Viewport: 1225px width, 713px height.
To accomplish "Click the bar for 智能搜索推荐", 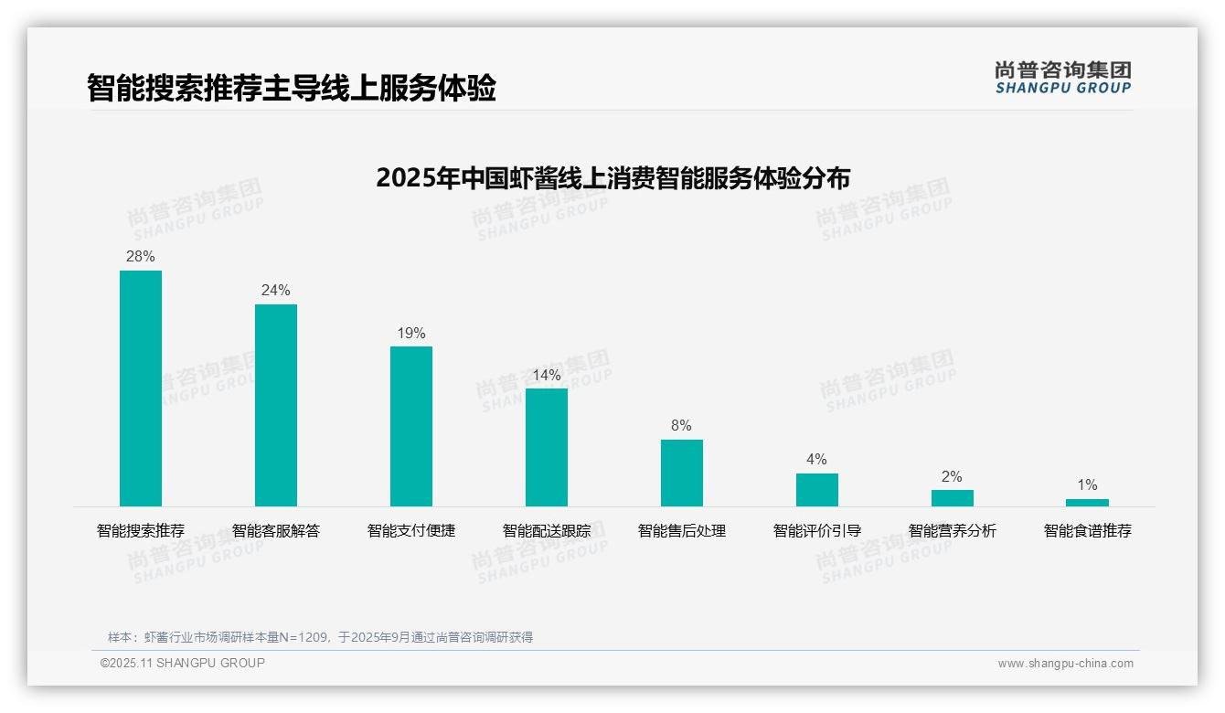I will point(141,388).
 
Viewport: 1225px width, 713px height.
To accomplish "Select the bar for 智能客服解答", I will point(276,405).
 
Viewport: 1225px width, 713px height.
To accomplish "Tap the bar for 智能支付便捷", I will point(411,426).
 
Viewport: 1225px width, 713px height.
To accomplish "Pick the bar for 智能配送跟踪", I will point(547,447).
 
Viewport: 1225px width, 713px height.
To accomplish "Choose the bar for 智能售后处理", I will point(682,473).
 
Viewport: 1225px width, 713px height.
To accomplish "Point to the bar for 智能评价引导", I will point(817,490).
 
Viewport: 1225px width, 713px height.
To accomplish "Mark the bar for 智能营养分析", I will point(953,498).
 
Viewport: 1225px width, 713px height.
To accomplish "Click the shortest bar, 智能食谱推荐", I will point(1087,503).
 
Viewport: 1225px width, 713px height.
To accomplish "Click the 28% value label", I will point(141,257).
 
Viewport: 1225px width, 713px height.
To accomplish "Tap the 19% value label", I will point(411,334).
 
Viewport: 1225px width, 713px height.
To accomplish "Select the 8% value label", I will point(682,426).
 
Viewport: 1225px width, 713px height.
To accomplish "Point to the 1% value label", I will point(1087,485).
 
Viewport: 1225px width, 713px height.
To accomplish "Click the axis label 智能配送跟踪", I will point(547,531).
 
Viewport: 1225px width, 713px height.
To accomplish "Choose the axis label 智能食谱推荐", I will point(1087,531).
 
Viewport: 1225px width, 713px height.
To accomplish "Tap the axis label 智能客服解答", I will point(276,531).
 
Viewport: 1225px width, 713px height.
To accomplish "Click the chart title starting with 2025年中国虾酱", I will point(612,178).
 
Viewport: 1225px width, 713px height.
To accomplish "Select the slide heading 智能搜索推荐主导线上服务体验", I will point(292,89).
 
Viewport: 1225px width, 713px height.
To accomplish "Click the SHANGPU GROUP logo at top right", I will point(1062,78).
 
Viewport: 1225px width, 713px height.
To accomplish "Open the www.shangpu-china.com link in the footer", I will point(1065,664).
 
